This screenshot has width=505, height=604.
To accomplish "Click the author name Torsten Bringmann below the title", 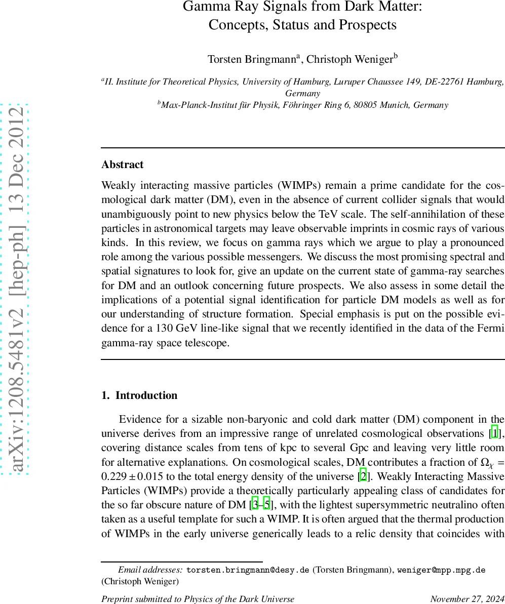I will click(252, 59).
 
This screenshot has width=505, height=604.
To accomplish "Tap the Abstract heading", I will click(122, 165).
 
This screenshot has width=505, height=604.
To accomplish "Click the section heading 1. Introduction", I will click(139, 395).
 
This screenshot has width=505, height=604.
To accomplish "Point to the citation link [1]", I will click(494, 433).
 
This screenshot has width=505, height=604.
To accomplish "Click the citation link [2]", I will click(363, 477).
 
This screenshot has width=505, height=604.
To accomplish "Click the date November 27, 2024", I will click(467, 599).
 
